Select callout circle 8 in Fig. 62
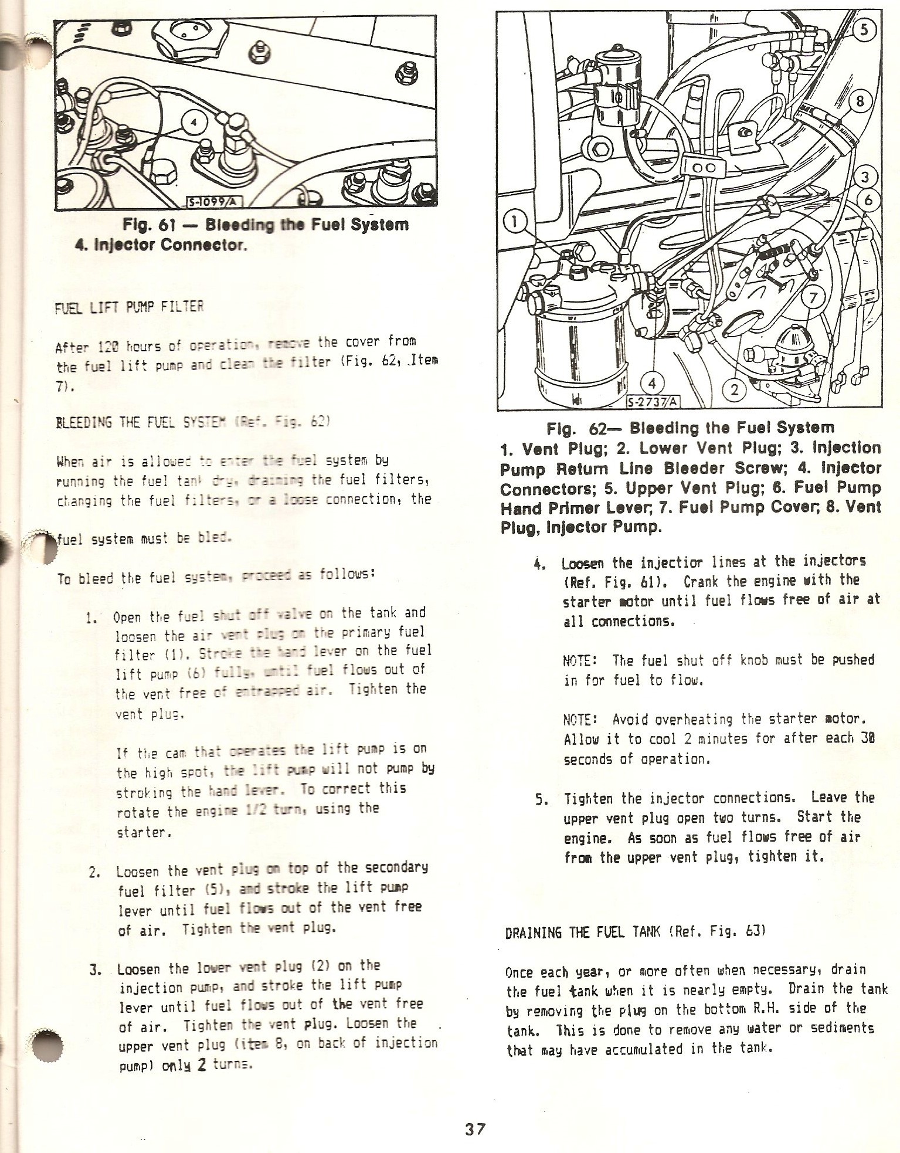[860, 102]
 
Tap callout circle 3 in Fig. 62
[868, 177]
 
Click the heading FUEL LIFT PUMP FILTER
[129, 307]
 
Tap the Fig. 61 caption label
[145, 225]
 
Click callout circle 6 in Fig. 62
[868, 201]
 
